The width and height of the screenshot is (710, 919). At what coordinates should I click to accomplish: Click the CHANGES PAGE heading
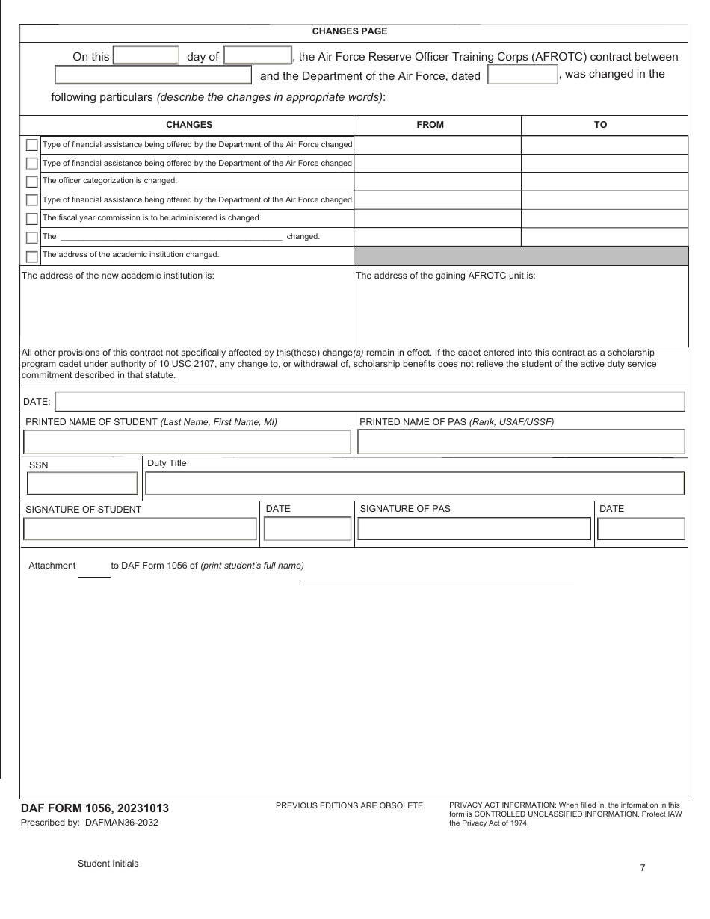(349, 31)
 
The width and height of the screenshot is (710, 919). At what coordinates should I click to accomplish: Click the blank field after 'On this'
(146, 56)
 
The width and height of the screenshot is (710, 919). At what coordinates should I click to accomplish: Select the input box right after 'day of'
(258, 56)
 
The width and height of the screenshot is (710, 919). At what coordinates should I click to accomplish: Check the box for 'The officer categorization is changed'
(31, 182)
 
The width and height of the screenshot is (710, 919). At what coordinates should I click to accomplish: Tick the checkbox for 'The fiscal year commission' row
(31, 219)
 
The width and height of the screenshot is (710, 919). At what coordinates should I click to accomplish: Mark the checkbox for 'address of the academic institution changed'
(31, 256)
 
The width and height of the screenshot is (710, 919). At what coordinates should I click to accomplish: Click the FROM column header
(430, 125)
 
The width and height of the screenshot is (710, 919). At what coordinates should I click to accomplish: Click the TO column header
(600, 125)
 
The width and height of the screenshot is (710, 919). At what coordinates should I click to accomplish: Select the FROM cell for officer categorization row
(437, 182)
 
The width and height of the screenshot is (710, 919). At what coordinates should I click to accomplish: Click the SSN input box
(82, 483)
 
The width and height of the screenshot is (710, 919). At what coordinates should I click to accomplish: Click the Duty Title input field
(415, 483)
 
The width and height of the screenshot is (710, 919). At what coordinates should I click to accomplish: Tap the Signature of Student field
(141, 529)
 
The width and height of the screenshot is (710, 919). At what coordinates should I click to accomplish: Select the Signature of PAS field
(474, 529)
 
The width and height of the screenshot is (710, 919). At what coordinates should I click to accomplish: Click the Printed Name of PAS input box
(521, 442)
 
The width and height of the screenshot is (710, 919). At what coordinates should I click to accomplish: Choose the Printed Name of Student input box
(187, 442)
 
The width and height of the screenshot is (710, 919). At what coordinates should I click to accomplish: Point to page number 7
(643, 867)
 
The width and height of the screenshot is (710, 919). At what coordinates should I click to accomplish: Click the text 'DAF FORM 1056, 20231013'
(95, 808)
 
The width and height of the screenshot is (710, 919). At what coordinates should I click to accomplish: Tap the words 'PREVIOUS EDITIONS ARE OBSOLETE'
(349, 805)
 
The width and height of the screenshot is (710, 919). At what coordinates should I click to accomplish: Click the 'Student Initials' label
(108, 864)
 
